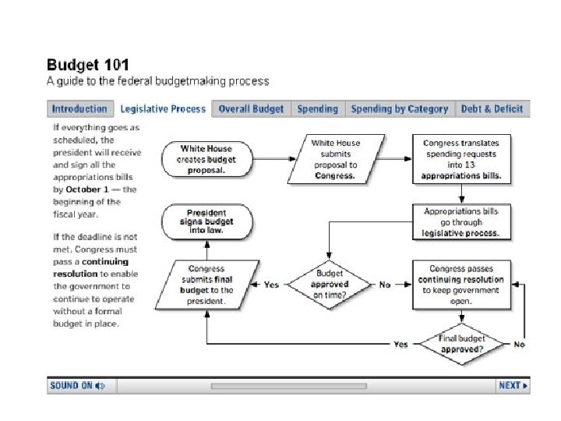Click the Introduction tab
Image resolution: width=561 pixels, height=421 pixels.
pyautogui.click(x=79, y=109)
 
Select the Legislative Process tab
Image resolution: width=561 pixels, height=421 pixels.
pyautogui.click(x=163, y=109)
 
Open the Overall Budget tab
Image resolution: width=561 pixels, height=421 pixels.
pyautogui.click(x=252, y=109)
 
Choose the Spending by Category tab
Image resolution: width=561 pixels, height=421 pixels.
pyautogui.click(x=399, y=109)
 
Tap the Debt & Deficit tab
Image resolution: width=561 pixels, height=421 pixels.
pyautogui.click(x=492, y=109)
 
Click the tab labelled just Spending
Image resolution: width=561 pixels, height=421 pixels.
pyautogui.click(x=317, y=109)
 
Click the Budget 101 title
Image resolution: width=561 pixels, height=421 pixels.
pyautogui.click(x=88, y=65)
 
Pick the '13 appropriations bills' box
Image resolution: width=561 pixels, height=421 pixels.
pyautogui.click(x=462, y=159)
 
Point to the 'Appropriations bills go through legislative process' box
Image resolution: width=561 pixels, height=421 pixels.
pyautogui.click(x=461, y=222)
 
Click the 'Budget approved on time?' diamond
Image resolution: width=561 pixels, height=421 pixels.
pyautogui.click(x=330, y=285)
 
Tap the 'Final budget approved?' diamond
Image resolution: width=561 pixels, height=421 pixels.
pyautogui.click(x=463, y=344)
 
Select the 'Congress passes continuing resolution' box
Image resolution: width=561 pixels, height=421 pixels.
pyautogui.click(x=461, y=285)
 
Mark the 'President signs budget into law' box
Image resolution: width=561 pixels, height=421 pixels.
pyautogui.click(x=206, y=222)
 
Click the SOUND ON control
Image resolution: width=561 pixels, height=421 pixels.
pyautogui.click(x=77, y=385)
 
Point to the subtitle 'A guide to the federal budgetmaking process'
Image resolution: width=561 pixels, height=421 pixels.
pyautogui.click(x=158, y=81)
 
